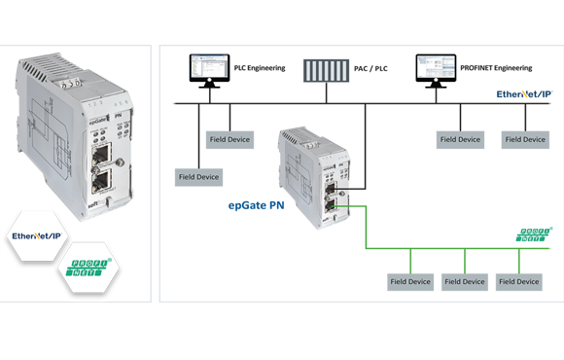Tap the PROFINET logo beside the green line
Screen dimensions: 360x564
[534, 235]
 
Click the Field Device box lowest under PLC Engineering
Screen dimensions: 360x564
[199, 177]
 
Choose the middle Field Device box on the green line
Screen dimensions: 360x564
[465, 281]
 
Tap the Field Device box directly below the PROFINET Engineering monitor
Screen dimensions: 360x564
[460, 139]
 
